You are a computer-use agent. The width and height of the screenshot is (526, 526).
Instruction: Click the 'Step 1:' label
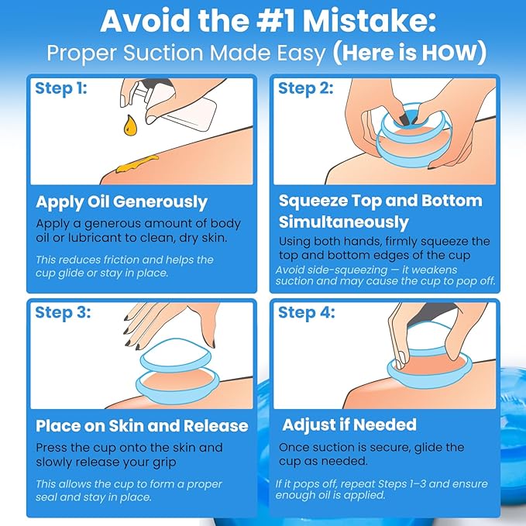pyautogui.click(x=61, y=88)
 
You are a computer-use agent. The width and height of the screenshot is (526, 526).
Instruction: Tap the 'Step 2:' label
pyautogui.click(x=305, y=88)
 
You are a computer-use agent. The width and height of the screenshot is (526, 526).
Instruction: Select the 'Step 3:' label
pyautogui.click(x=63, y=313)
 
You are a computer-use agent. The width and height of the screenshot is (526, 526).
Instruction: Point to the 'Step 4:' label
pyautogui.click(x=306, y=313)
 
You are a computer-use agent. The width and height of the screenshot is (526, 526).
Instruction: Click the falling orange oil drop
pyautogui.click(x=130, y=125)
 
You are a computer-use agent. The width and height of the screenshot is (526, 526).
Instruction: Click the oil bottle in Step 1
pyautogui.click(x=174, y=104)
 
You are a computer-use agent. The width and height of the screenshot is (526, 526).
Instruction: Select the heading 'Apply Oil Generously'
pyautogui.click(x=122, y=203)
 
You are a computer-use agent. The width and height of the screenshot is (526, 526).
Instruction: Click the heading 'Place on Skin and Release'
pyautogui.click(x=142, y=426)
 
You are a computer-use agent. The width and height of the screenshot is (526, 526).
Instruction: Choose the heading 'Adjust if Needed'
pyautogui.click(x=349, y=425)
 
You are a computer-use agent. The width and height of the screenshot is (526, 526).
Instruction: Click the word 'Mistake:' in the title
pyautogui.click(x=369, y=21)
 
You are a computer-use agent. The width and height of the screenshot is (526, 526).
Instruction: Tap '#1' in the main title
pyautogui.click(x=275, y=21)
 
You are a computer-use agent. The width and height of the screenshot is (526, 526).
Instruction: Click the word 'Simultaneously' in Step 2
pyautogui.click(x=343, y=222)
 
